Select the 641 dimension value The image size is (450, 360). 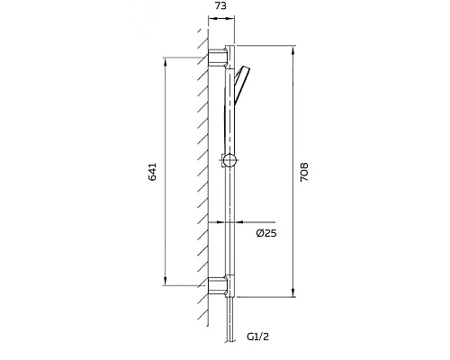click(152, 172)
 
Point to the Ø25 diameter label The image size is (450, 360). click(265, 234)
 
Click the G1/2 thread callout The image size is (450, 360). click(259, 337)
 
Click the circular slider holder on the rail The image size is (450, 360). click(230, 162)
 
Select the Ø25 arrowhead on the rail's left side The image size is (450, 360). click(220, 221)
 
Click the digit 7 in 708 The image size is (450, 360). click(306, 180)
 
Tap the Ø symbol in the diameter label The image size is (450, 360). click(259, 234)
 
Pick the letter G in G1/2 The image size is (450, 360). click(250, 337)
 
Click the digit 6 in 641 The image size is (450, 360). click(152, 180)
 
